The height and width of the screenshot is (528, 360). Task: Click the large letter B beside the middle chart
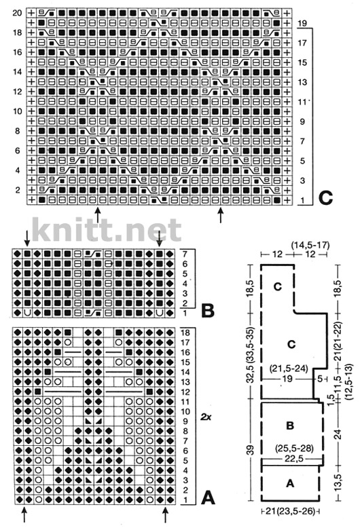(208, 310)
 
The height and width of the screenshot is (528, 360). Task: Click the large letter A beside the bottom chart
(208, 497)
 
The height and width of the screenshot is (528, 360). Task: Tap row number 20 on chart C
(17, 13)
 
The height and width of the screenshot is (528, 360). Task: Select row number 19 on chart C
(302, 23)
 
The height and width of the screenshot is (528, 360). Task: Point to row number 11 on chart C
(302, 102)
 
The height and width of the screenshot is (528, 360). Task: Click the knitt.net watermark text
(107, 230)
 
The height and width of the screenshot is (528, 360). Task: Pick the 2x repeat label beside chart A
(206, 417)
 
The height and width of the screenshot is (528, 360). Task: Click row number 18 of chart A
(185, 333)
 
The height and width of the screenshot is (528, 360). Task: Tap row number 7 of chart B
(185, 254)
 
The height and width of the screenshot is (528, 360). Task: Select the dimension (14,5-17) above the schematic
(310, 245)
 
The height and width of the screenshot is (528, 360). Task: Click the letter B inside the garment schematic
(290, 426)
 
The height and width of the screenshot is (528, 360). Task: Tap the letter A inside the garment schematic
(290, 483)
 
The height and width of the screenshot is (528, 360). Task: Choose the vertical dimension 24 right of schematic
(338, 434)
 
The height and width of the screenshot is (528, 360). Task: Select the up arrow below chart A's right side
(165, 515)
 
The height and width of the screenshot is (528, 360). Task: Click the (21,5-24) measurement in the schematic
(289, 369)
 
